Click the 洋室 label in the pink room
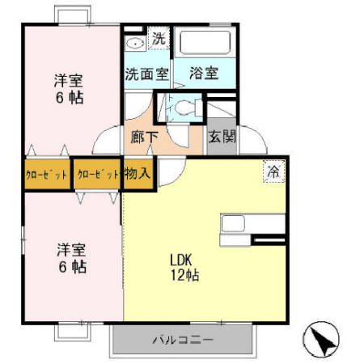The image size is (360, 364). [x=69, y=81]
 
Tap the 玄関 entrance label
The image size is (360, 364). [x=222, y=137]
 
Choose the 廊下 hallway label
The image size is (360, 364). [x=145, y=136]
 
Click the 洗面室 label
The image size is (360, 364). [x=146, y=73]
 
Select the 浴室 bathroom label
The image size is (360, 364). [x=203, y=73]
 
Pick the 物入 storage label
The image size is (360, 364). [x=138, y=172]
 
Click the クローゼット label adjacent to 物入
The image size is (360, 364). [x=96, y=173]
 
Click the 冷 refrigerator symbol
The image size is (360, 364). [x=274, y=171]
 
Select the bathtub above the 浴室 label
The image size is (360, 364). [x=205, y=43]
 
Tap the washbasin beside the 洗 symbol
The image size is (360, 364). [x=134, y=41]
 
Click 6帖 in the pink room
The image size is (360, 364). [x=69, y=98]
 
